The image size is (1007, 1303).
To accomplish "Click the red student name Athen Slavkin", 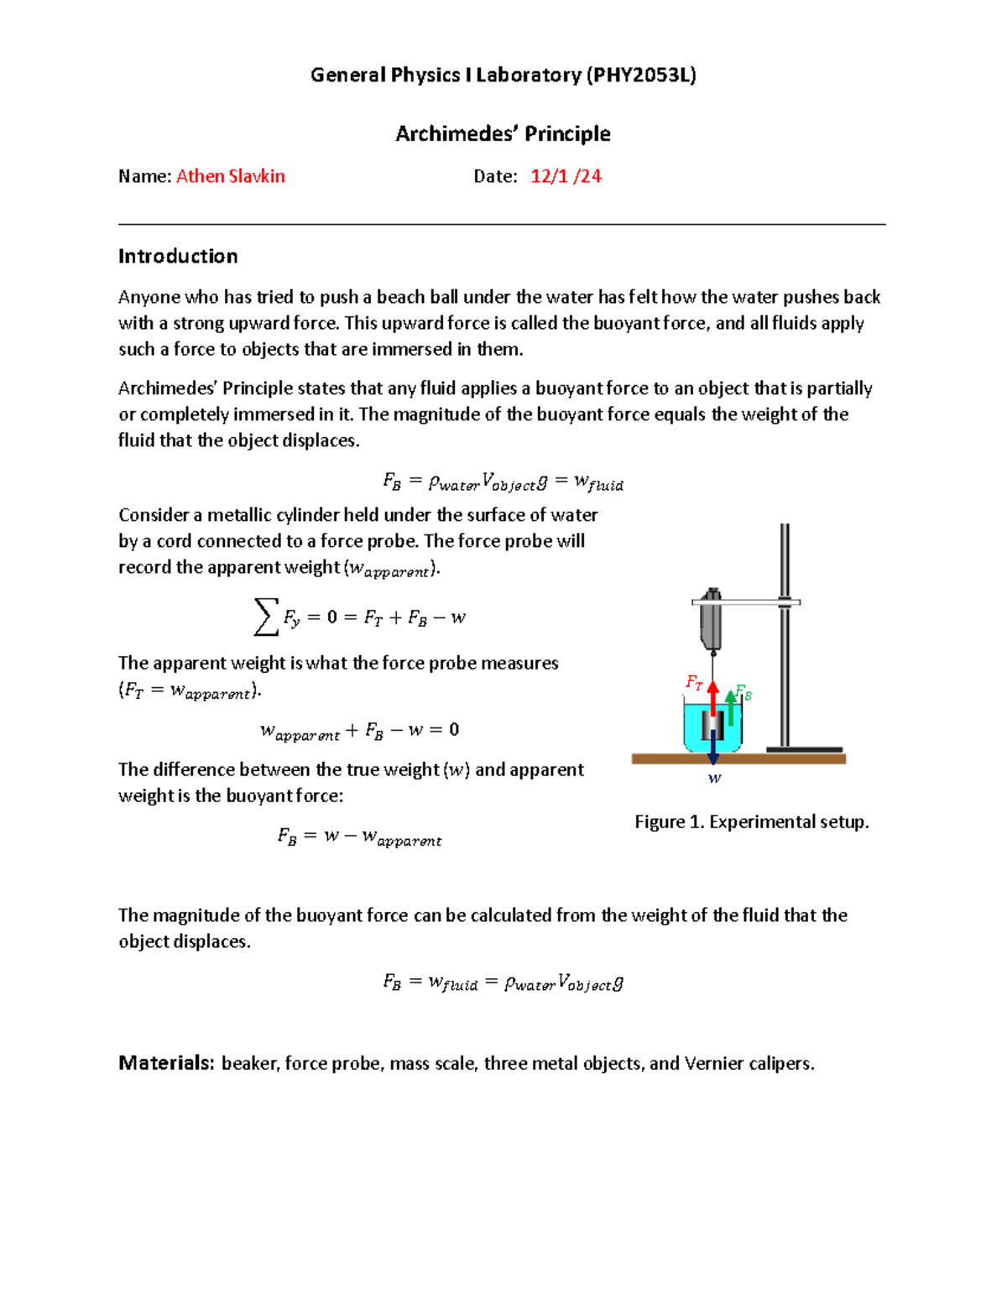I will click(230, 176).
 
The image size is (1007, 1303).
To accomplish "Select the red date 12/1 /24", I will click(566, 176).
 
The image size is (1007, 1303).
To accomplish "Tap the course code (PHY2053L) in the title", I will click(641, 75).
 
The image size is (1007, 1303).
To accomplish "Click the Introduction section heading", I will click(178, 256).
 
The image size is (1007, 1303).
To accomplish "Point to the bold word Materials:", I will click(166, 1063).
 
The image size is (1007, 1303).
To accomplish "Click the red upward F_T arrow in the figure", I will click(712, 696).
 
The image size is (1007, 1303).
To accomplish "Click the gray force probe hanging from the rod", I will click(711, 621).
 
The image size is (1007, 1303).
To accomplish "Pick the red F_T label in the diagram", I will click(693, 682).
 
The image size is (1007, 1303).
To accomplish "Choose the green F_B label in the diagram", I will click(744, 693).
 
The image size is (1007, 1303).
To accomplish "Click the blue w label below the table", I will click(714, 779).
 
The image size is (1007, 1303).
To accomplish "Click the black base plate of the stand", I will click(804, 749).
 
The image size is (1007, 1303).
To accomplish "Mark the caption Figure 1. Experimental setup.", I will click(751, 821).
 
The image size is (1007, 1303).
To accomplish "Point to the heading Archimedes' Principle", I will click(503, 133).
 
